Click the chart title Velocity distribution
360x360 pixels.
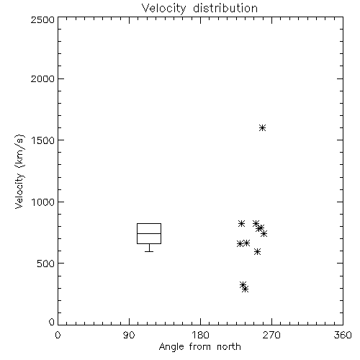(199, 9)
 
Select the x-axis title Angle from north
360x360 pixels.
(199, 347)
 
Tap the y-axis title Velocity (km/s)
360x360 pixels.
(19, 171)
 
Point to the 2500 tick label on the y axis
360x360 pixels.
(42, 19)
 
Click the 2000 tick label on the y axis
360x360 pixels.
(42, 78)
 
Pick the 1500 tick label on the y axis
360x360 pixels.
(43, 140)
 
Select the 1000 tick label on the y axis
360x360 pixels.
(43, 202)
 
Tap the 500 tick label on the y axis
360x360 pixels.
(46, 264)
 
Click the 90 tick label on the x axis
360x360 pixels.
(129, 335)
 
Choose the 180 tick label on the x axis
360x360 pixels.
(200, 335)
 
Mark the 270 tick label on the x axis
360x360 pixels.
(271, 335)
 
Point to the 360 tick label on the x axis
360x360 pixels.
(343, 335)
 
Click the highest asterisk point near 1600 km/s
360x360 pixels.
(263, 127)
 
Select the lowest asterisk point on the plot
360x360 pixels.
(245, 289)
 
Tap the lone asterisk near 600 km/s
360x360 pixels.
(257, 252)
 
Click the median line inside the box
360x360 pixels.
(149, 233)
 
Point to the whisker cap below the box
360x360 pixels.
(149, 251)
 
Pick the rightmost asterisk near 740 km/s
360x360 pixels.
(264, 233)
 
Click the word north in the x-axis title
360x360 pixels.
(229, 347)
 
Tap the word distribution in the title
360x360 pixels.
(225, 9)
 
